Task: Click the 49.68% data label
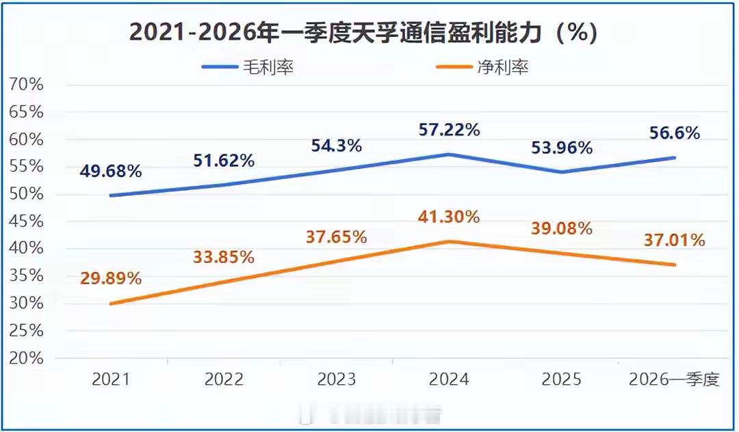[111, 171]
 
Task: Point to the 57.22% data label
[448, 129]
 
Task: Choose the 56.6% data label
[675, 133]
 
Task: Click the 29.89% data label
[111, 278]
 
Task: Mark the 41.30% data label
[448, 217]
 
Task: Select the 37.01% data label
[675, 240]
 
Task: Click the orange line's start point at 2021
[111, 303]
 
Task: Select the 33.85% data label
[224, 257]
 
